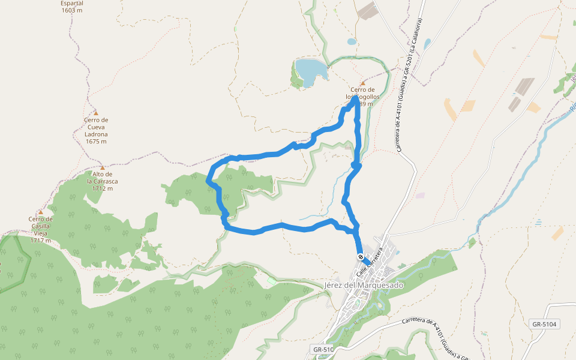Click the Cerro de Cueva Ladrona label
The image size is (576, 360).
point(96,127)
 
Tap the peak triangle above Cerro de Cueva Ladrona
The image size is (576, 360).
point(96,112)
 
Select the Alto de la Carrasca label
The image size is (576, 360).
point(103,178)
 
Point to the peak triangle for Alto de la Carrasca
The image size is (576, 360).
point(103,167)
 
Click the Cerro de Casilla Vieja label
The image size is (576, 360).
point(41,226)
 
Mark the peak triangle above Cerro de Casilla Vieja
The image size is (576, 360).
point(41,212)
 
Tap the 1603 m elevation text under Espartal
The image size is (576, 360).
point(72,10)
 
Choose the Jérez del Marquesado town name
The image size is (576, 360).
point(364,285)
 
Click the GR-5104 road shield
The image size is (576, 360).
point(544,324)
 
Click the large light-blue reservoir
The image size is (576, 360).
point(311,71)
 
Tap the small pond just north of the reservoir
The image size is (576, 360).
point(352,42)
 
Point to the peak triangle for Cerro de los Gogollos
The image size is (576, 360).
point(362,83)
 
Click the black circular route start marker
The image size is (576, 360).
point(360,257)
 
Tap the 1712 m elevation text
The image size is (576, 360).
point(103,188)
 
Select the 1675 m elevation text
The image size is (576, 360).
point(96,142)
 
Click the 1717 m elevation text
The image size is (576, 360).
point(41,241)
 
